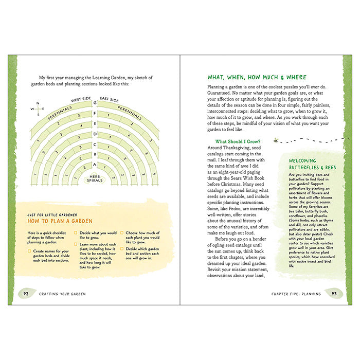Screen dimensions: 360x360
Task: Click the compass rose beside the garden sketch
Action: click(x=38, y=108)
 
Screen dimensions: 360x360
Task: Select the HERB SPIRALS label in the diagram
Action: click(x=95, y=178)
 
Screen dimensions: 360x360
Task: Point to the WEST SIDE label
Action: click(x=81, y=99)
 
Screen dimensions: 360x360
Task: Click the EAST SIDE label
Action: click(x=109, y=99)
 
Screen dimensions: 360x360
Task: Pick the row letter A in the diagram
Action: click(x=95, y=165)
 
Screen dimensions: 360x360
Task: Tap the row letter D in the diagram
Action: click(x=95, y=134)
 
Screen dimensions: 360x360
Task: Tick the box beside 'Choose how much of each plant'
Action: click(x=121, y=233)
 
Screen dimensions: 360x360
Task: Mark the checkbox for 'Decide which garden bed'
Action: click(x=121, y=249)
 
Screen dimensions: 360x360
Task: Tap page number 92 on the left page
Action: click(x=25, y=293)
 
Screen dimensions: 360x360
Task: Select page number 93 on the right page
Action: click(x=334, y=294)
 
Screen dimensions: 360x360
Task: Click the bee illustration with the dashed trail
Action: click(x=277, y=139)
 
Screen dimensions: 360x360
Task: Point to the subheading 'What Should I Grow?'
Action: click(x=238, y=141)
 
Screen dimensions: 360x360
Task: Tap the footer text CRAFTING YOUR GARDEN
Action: click(x=62, y=294)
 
